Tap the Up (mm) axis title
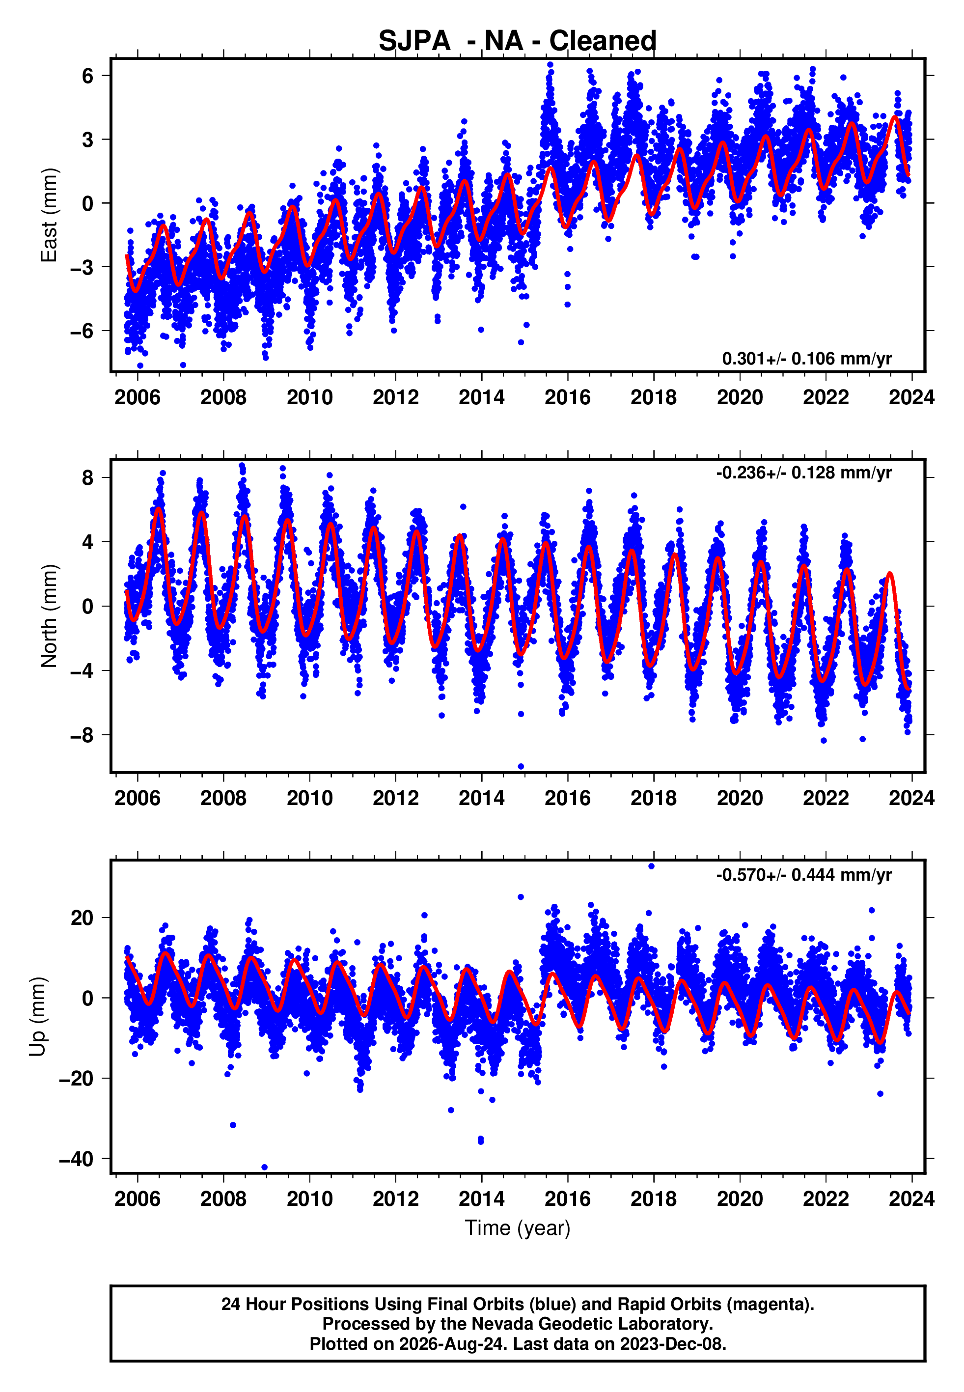(37, 1017)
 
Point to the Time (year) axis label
(518, 1228)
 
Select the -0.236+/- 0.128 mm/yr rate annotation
(804, 473)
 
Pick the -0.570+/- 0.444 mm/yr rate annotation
(804, 874)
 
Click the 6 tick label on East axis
(88, 76)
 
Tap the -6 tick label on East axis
(82, 331)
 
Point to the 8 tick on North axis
(88, 478)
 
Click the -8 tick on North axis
(82, 735)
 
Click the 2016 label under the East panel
(567, 397)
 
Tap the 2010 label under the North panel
(309, 798)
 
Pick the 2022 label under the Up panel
(826, 1198)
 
